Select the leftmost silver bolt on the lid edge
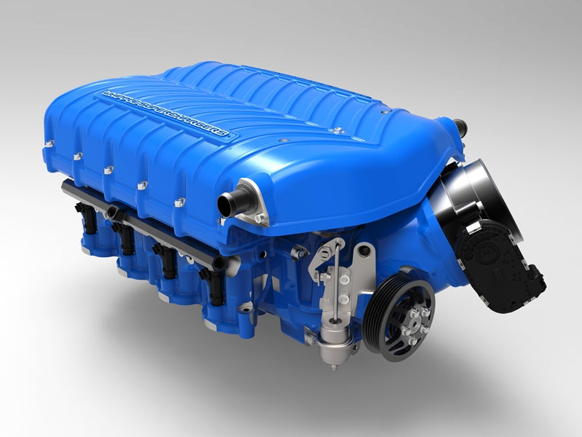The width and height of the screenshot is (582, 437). coord(77,155)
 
